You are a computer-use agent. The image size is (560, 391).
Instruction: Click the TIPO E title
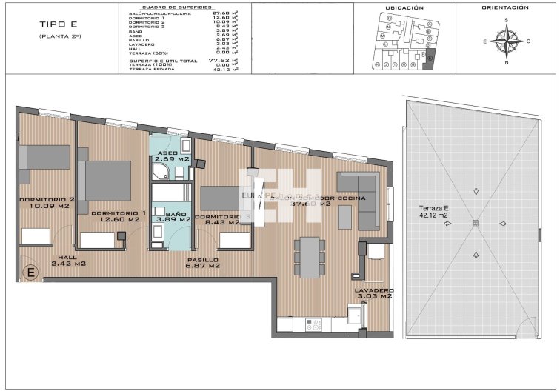[x=54, y=24]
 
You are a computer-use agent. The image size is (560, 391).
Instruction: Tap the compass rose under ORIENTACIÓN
[x=506, y=41]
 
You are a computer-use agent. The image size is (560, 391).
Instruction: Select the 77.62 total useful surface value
[x=217, y=60]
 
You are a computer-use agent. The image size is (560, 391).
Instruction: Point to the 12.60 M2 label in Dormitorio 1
[x=115, y=219]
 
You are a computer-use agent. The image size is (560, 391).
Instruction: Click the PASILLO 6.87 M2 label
[x=201, y=263]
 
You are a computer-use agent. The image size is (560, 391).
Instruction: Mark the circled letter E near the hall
[x=31, y=273]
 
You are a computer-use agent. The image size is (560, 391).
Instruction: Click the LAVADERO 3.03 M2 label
[x=373, y=293]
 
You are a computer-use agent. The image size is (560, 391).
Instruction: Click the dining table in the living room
[x=309, y=256]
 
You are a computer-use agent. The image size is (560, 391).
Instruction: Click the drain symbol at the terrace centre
[x=476, y=224]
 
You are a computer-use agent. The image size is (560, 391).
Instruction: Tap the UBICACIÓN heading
[x=405, y=7]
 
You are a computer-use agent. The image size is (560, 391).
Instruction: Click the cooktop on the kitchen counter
[x=313, y=324]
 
